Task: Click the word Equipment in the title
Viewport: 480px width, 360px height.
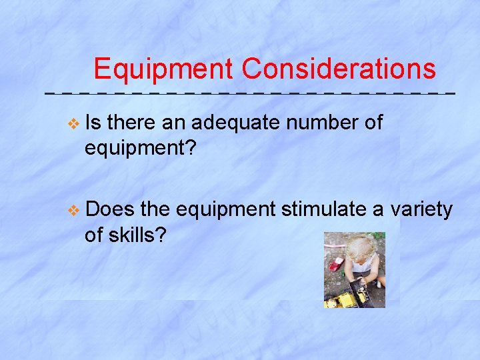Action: click(x=163, y=69)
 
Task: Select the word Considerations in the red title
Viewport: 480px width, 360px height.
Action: click(x=339, y=69)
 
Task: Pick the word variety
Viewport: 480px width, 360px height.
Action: click(x=421, y=209)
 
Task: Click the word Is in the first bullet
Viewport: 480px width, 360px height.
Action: click(x=93, y=123)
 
